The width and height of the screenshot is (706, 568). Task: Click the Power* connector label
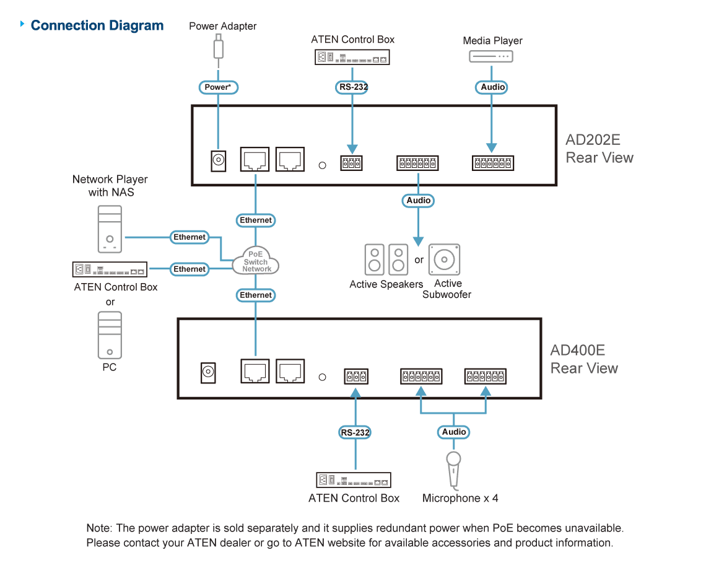coord(219,87)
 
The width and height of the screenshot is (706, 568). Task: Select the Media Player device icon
coord(490,56)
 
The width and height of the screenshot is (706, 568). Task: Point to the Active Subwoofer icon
coord(445,260)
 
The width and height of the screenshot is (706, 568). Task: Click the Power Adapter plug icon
coord(219,46)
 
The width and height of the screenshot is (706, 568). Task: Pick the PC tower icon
coord(110,335)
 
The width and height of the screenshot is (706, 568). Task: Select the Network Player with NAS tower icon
coord(110,229)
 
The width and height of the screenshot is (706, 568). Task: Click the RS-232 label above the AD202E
coord(353,87)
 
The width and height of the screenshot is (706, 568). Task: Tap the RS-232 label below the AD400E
coord(355,432)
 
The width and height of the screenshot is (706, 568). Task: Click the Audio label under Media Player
coord(492,87)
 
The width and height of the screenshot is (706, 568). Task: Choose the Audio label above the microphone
coord(454,432)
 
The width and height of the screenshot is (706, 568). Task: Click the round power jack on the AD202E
coord(219,160)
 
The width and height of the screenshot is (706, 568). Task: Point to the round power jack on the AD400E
coord(208,372)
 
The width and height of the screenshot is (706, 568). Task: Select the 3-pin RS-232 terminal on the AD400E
coord(356,376)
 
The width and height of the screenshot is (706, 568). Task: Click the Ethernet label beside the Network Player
coord(190,237)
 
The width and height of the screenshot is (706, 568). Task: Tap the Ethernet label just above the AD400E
coord(256,295)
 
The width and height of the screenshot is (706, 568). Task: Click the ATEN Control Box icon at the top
coord(352,57)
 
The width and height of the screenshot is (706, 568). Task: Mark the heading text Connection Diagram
coord(97,25)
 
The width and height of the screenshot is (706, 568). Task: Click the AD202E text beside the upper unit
coord(593,139)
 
